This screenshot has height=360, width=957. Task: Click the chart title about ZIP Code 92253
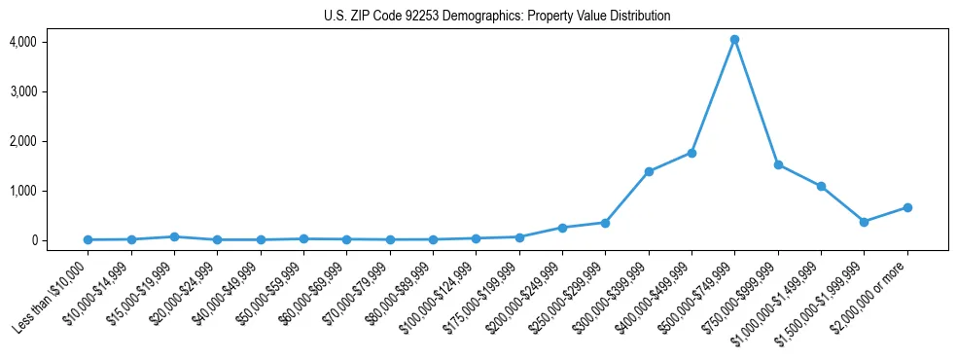497,16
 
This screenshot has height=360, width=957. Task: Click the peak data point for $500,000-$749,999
734,40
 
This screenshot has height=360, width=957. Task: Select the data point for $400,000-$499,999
691,153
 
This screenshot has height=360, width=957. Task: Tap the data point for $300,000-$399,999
649,171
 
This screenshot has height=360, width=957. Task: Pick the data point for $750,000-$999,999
778,164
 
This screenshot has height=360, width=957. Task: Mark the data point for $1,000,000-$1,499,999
821,186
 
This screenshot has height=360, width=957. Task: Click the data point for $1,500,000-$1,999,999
864,222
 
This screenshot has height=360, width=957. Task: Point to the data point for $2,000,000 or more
907,207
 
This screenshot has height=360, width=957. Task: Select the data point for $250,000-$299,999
605,223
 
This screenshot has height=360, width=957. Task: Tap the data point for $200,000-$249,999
562,228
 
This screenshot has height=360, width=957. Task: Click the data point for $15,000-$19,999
174,236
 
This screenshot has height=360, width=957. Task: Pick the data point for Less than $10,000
88,239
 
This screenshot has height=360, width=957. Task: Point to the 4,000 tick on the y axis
22,42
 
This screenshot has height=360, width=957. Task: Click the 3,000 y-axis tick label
22,91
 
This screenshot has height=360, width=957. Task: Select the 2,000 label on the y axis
22,141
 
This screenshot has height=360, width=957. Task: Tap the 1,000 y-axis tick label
22,191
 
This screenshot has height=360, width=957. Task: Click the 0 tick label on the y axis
32,240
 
